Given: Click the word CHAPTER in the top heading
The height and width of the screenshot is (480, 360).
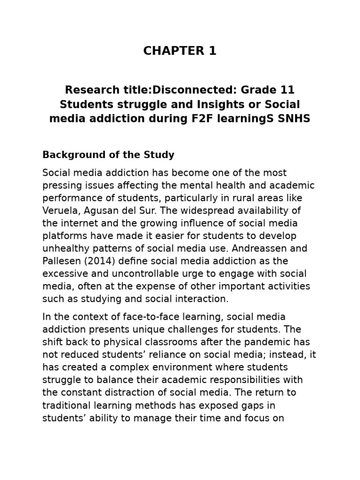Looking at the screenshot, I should click(x=172, y=52).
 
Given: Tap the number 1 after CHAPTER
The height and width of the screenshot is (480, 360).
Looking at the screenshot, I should click(x=212, y=52).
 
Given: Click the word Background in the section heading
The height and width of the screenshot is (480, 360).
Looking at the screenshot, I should click(x=67, y=155).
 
